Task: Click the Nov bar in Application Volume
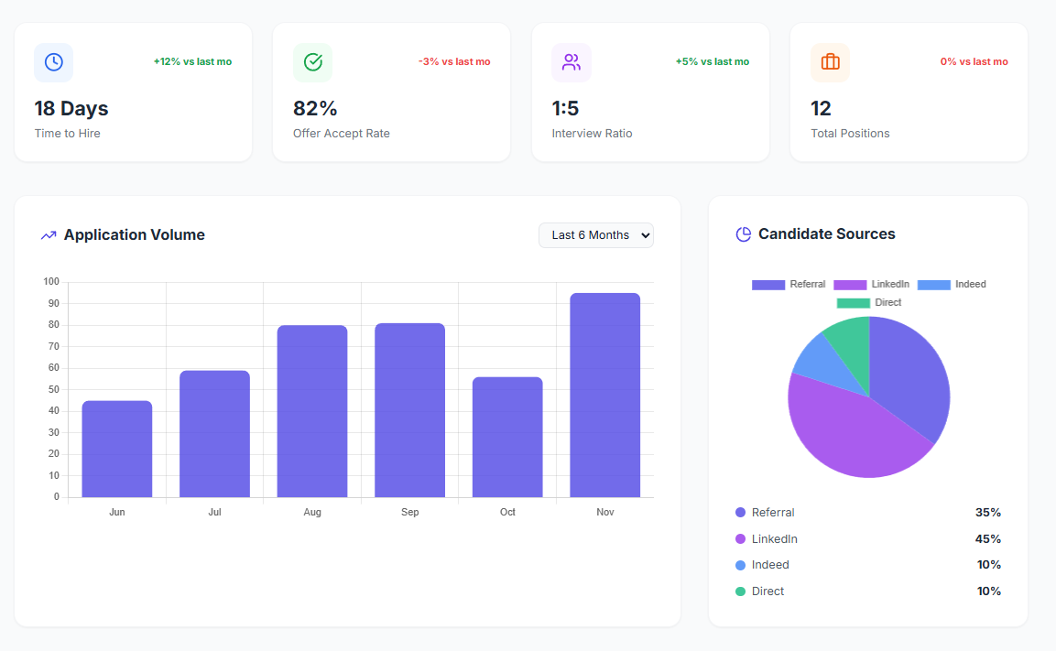(604, 395)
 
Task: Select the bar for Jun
(117, 449)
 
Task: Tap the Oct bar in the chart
(507, 437)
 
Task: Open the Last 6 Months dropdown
(596, 235)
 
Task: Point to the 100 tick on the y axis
(51, 282)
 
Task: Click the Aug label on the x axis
(312, 512)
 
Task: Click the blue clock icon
(54, 62)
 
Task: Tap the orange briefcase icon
(830, 62)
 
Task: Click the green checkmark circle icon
(312, 62)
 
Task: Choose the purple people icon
(572, 62)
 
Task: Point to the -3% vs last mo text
(454, 62)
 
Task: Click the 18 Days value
(71, 109)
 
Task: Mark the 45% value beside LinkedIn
(987, 539)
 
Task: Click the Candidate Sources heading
(826, 234)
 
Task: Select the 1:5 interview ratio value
(565, 109)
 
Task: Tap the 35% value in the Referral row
(987, 513)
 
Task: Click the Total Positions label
(850, 134)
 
